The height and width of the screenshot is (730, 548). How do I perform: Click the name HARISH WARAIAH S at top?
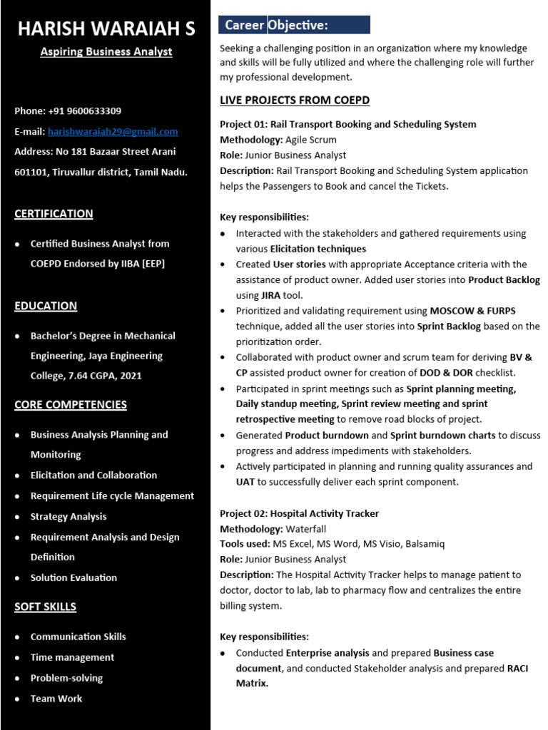(x=106, y=29)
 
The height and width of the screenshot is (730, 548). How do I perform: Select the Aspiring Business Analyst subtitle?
(x=106, y=51)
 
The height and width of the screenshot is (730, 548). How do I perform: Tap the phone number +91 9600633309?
(x=84, y=111)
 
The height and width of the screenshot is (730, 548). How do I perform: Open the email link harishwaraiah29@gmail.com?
(x=113, y=132)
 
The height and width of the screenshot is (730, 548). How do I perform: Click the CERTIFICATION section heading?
(x=54, y=214)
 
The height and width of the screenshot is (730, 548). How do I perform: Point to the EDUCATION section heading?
(x=46, y=306)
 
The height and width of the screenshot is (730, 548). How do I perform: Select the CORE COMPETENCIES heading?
(x=71, y=405)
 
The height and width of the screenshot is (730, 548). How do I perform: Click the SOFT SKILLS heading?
(x=45, y=607)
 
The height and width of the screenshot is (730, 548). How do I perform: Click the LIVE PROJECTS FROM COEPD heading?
(x=295, y=101)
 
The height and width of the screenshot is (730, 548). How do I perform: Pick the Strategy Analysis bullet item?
(x=68, y=517)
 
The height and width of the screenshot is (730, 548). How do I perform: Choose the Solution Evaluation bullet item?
(x=73, y=578)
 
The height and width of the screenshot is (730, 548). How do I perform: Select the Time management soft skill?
(x=72, y=657)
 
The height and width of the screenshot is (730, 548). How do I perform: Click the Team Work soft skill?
(x=56, y=699)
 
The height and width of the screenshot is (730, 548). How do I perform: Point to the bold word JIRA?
(x=271, y=295)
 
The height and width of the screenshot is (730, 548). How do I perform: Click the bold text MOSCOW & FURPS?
(x=472, y=311)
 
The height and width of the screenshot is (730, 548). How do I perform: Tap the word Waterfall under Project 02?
(x=305, y=529)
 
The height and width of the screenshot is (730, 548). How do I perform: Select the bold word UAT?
(x=245, y=482)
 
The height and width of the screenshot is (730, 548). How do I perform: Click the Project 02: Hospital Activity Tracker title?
(x=299, y=513)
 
